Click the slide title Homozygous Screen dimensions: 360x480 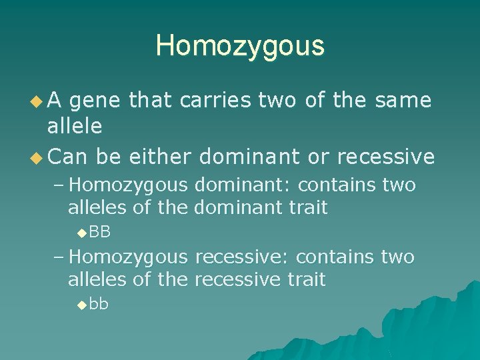pyautogui.click(x=240, y=46)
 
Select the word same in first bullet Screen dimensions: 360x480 pyautogui.click(x=404, y=101)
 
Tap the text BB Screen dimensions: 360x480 pyautogui.click(x=99, y=232)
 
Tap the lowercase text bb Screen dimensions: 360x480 pyautogui.click(x=99, y=305)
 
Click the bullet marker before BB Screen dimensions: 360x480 pyautogui.click(x=81, y=233)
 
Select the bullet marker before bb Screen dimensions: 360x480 pyautogui.click(x=81, y=305)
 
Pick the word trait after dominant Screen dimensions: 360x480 pyautogui.click(x=308, y=207)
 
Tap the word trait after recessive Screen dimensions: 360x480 pyautogui.click(x=306, y=279)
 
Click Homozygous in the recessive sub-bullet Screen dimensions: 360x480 pyautogui.click(x=129, y=257)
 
